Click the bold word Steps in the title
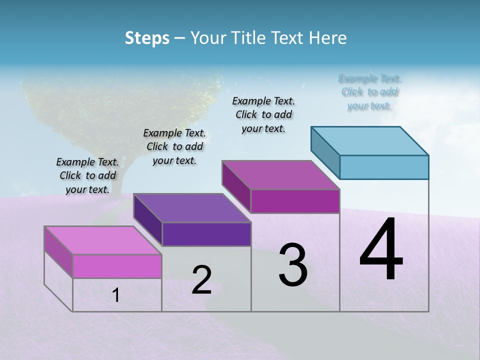click(147, 38)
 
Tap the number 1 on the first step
click(116, 295)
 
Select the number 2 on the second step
click(201, 280)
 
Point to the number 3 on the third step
click(293, 265)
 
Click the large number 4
click(381, 250)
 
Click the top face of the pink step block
click(102, 240)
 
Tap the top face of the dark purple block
click(192, 207)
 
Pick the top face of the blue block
click(370, 140)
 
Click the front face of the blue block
click(384, 167)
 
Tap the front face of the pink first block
click(117, 266)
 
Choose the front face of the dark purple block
click(206, 234)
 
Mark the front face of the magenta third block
click(295, 201)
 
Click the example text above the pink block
click(87, 175)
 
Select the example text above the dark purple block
click(174, 146)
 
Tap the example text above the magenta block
click(263, 114)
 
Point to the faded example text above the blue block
click(369, 92)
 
